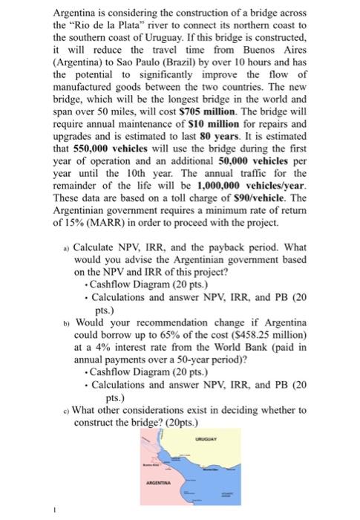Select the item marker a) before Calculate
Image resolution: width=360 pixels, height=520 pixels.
pos(65,270)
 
